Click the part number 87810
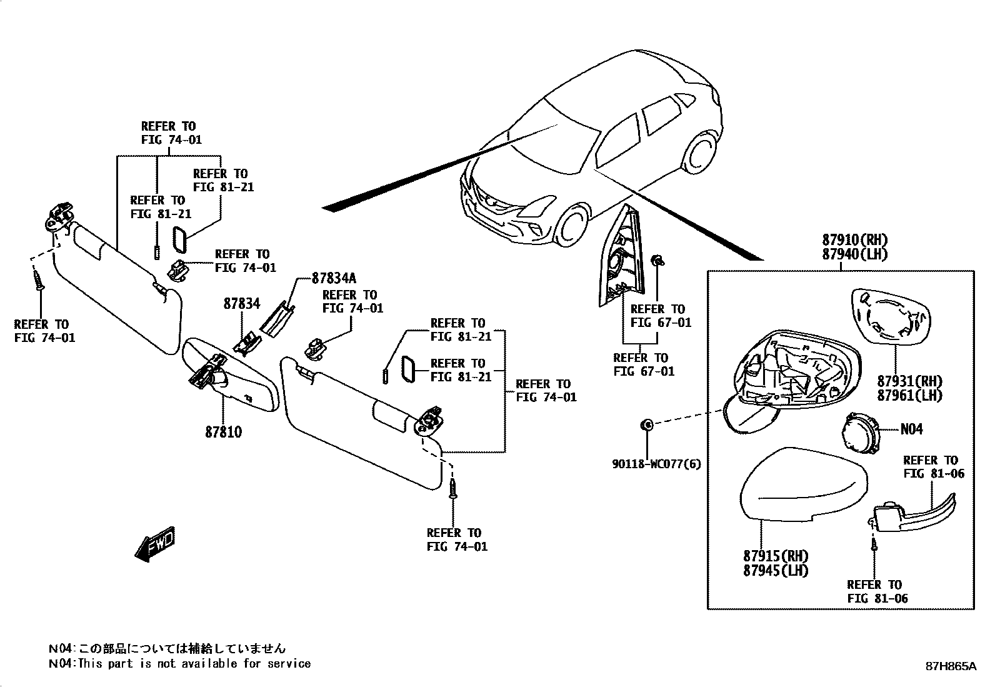[223, 432]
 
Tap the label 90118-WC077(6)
[656, 464]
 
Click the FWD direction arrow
[154, 544]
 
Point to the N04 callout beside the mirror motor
[911, 429]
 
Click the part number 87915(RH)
[776, 556]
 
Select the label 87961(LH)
[909, 396]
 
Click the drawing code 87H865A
[950, 666]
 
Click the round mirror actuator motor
[859, 431]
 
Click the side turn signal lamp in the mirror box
[912, 511]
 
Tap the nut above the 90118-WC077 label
[647, 426]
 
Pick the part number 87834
[241, 304]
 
